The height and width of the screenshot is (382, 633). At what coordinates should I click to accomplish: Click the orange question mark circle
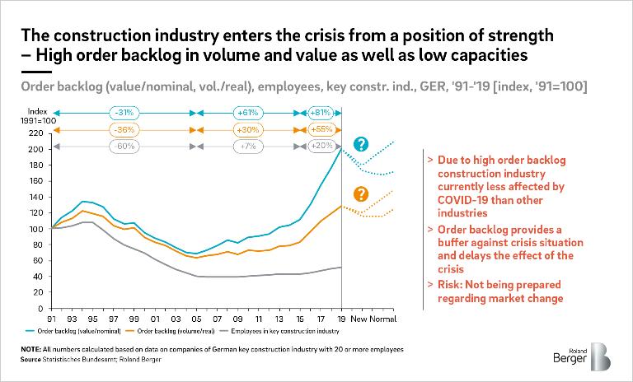(x=360, y=194)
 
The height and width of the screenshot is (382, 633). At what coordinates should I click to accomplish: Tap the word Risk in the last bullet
(x=452, y=284)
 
